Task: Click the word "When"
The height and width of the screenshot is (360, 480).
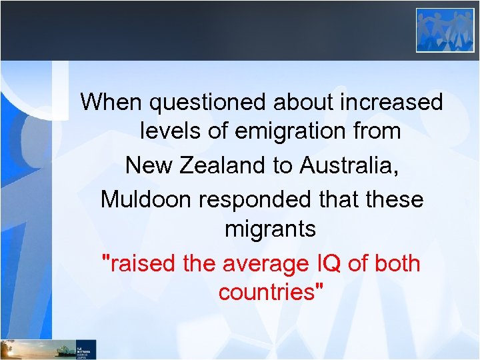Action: pos(111,102)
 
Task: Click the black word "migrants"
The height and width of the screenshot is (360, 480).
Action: pos(270,230)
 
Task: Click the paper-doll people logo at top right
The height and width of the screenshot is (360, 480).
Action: pos(445,30)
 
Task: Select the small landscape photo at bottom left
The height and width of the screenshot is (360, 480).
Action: pos(33,349)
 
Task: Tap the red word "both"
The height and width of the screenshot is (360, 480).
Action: pos(397,263)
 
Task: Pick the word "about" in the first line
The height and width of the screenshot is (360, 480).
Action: pos(303,102)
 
